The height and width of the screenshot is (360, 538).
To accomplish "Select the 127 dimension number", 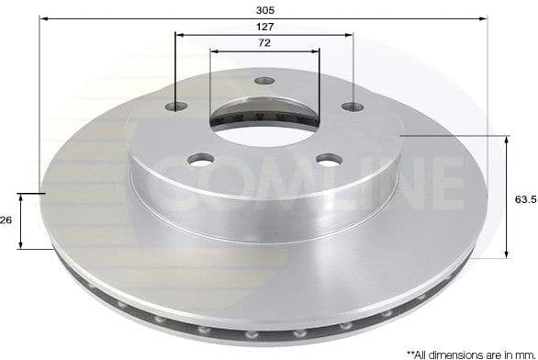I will click(266, 28).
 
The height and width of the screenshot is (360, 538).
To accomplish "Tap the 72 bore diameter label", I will click(264, 44).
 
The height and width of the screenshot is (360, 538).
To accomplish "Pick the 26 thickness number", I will click(6, 220).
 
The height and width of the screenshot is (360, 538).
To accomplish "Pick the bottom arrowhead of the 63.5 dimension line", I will click(506, 255).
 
